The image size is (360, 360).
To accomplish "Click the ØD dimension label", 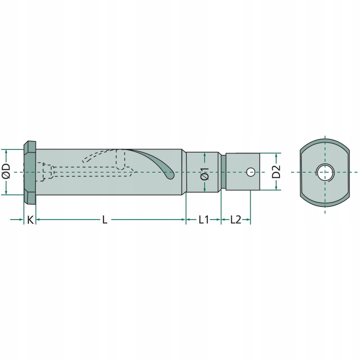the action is pos(6,171).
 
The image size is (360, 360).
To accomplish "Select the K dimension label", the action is pos(30,220).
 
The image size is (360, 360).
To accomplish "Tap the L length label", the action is pos(105,220).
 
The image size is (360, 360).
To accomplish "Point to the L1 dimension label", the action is pos(204,220).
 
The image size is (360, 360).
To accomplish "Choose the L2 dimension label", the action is pos(235,220).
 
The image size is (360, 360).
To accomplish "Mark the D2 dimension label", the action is pos(276,171).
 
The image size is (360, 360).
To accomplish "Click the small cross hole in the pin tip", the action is pos(251,172).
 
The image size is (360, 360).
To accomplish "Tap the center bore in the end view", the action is pos(325,172).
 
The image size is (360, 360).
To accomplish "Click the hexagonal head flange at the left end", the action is pos(30,173).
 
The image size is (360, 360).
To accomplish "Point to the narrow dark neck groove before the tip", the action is pos(223,172).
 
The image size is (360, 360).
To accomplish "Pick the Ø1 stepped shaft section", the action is pos(202,172).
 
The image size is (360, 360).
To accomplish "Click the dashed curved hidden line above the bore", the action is pos(99,155).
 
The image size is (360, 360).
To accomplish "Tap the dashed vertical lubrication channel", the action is pos(121,160).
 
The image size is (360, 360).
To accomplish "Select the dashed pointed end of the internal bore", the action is pos(131,172).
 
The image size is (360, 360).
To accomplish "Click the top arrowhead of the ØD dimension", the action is pos(6,152).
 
